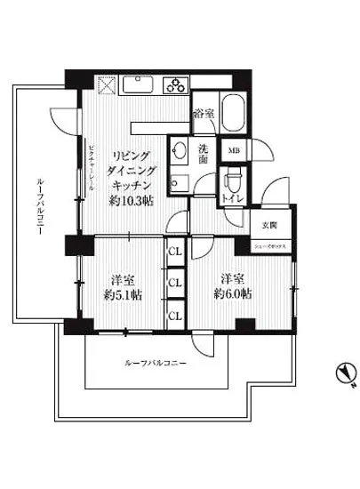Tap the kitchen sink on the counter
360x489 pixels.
pos(140,86)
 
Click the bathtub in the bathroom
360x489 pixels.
pos(233,114)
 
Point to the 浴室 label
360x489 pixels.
pos(204,113)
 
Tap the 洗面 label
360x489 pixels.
pos(203,154)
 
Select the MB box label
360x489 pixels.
pos(235,152)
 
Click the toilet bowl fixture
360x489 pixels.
pos(233,182)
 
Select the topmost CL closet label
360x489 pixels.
pos(175,252)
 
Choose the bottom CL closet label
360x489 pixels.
pos(175,314)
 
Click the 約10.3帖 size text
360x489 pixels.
pos(132,203)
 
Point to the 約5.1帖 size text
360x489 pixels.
pos(124,294)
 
